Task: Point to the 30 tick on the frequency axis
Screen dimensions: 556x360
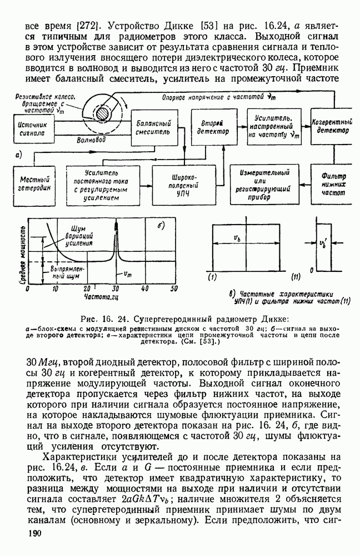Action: [x=115, y=289]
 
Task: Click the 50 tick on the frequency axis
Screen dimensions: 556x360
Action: [x=173, y=289]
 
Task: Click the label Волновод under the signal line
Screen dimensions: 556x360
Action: [x=91, y=141]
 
